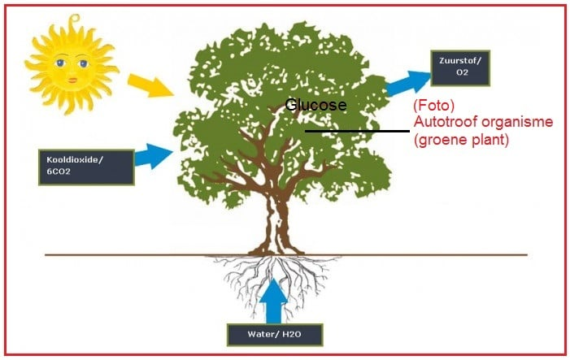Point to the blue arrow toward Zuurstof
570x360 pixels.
click(408, 82)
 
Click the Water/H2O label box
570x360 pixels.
click(274, 335)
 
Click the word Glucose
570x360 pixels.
click(316, 106)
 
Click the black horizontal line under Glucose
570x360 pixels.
click(357, 131)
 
